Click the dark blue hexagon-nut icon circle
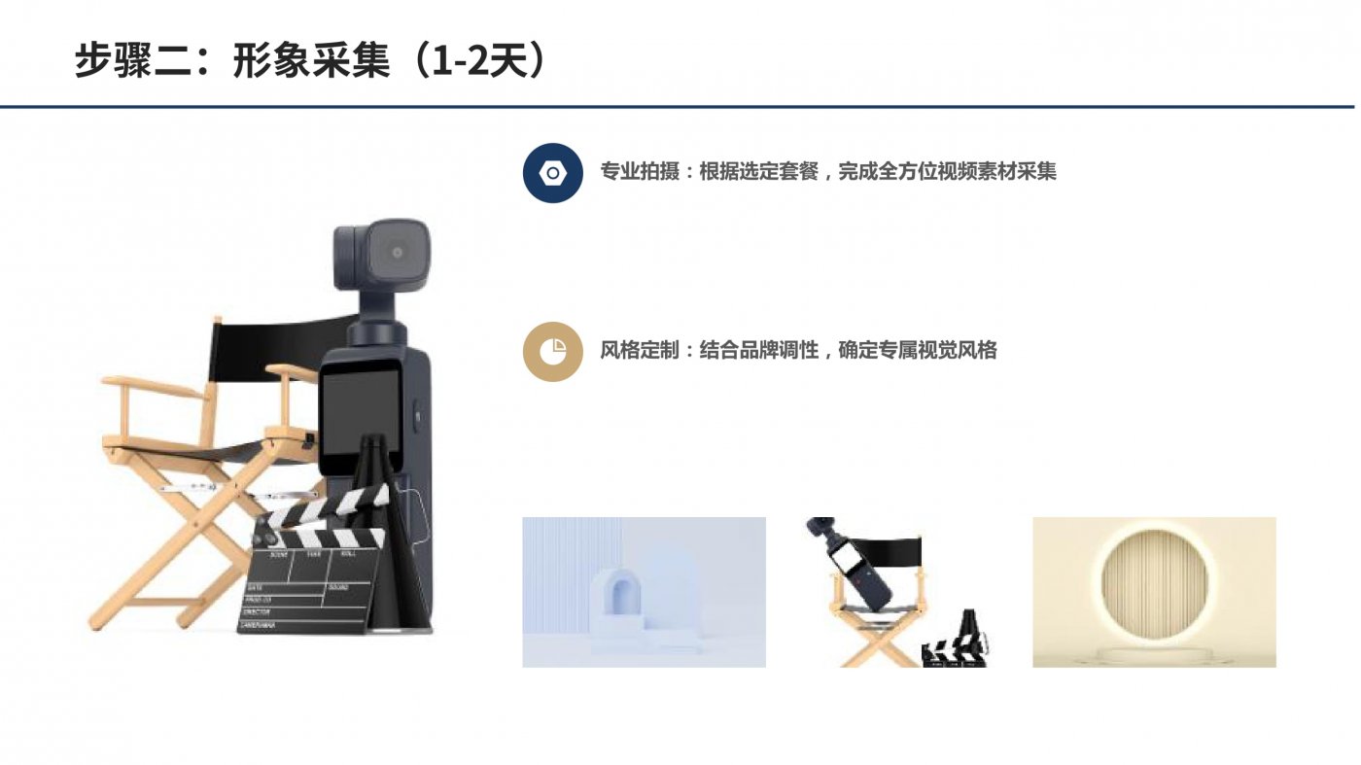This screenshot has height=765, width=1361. point(553,173)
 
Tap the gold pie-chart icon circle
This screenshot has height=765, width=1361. point(553,351)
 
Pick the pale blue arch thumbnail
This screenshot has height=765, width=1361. point(644,592)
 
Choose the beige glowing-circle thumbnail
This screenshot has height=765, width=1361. point(1154,592)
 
